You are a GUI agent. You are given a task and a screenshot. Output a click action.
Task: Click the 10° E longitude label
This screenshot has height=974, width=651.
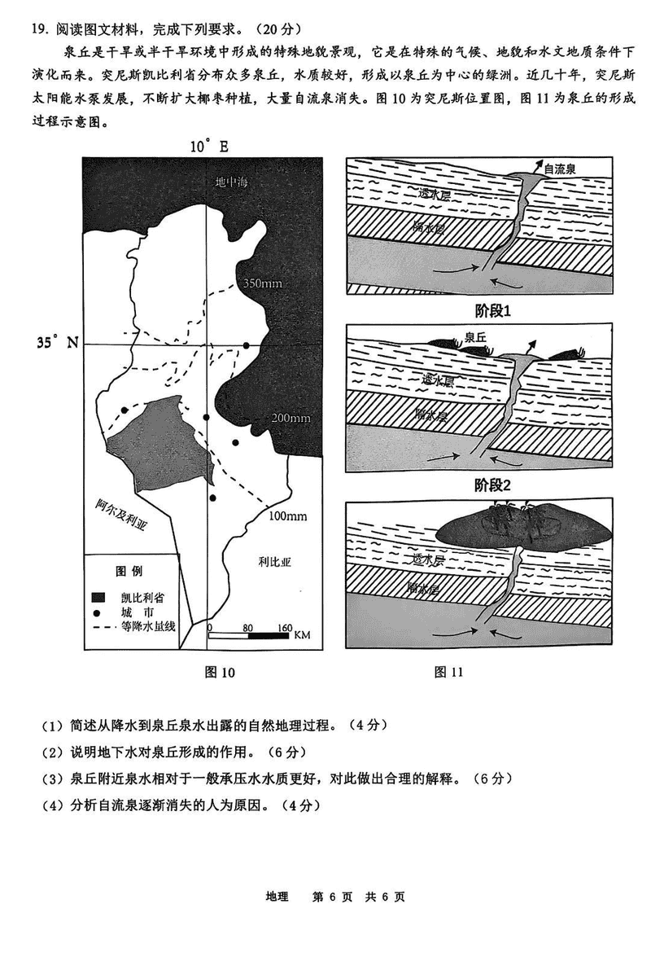pyautogui.click(x=209, y=147)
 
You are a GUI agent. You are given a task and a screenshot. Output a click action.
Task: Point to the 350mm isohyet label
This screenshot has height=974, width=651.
pyautogui.click(x=262, y=283)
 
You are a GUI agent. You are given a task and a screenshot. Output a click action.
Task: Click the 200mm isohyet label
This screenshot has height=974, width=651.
pyautogui.click(x=291, y=419)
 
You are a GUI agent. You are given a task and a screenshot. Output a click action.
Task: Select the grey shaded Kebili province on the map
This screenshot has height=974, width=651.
pyautogui.click(x=155, y=444)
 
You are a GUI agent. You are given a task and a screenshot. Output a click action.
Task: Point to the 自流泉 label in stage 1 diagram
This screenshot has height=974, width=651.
pyautogui.click(x=560, y=169)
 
